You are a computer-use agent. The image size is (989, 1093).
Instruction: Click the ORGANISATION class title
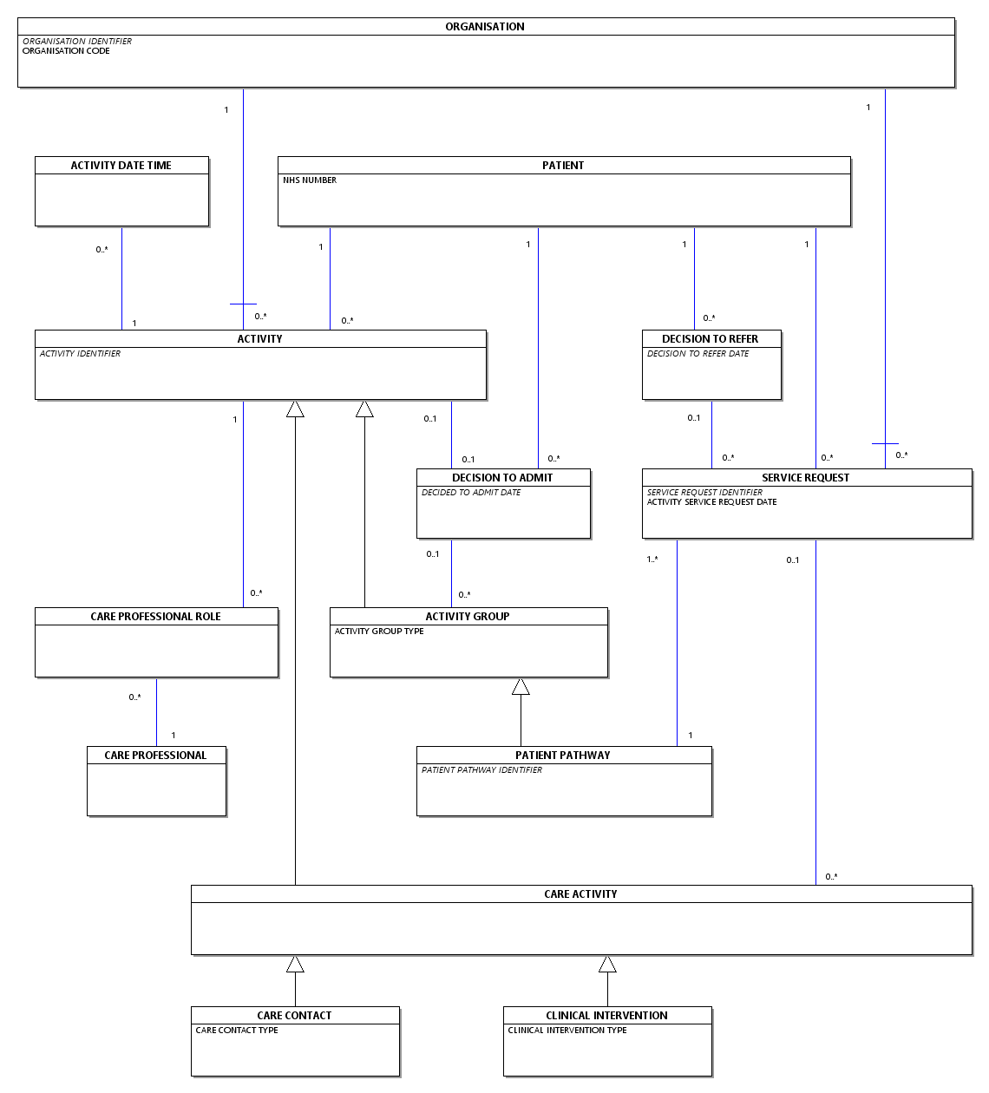click(x=484, y=27)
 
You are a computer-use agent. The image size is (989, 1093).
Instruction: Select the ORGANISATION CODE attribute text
click(x=66, y=50)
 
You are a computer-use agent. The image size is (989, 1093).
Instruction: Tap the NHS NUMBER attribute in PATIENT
click(x=310, y=180)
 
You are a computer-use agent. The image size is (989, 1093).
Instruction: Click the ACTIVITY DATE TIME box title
click(x=121, y=166)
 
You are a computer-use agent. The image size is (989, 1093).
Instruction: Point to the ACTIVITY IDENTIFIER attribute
click(x=80, y=354)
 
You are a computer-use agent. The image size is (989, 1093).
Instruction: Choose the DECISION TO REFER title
click(x=710, y=339)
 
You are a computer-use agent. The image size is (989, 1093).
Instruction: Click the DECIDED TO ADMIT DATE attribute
click(x=471, y=493)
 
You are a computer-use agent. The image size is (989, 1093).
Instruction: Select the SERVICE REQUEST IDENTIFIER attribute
click(x=704, y=492)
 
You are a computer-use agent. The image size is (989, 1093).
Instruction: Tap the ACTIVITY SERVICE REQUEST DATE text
click(x=711, y=501)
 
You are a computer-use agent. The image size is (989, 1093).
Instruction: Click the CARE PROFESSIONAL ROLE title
click(x=155, y=616)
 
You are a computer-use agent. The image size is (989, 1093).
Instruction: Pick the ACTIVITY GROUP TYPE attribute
click(x=379, y=631)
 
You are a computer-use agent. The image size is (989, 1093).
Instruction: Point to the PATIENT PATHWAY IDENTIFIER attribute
click(x=481, y=770)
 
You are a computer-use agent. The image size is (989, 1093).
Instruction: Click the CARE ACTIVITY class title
click(x=580, y=894)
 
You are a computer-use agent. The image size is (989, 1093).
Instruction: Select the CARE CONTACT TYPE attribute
click(x=237, y=1031)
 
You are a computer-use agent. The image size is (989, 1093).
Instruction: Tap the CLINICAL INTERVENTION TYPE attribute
click(x=567, y=1031)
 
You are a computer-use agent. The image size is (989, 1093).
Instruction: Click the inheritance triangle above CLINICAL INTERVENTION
click(x=607, y=964)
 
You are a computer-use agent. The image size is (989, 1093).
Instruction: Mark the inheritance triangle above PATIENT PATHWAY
click(x=521, y=686)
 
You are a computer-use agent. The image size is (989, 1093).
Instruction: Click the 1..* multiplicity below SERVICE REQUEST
click(x=652, y=559)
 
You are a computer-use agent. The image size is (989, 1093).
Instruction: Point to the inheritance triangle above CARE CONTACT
click(x=295, y=964)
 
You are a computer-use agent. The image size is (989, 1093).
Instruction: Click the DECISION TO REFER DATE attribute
click(x=698, y=354)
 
